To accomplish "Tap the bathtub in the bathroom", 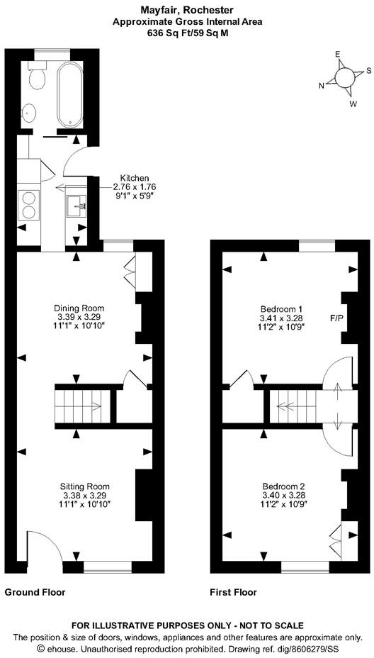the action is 69,95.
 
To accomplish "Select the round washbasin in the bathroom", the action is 29,113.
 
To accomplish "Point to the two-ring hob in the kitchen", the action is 29,205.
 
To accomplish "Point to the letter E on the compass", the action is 336,54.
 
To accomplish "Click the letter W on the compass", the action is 353,103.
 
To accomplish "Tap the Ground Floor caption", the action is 35,593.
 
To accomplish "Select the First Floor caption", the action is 233,593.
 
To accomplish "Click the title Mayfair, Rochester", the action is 187,9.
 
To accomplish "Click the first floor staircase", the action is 293,406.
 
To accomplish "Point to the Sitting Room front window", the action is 108,567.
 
